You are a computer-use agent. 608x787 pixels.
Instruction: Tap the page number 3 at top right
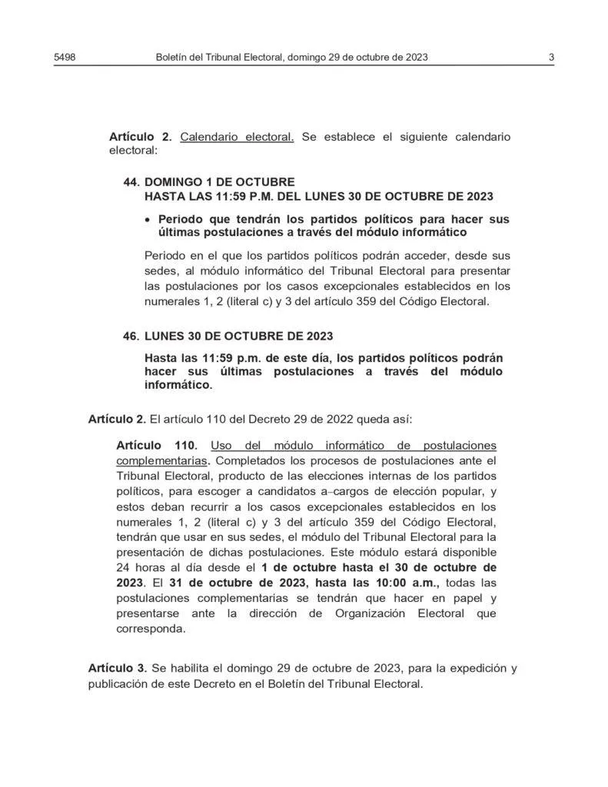coord(552,57)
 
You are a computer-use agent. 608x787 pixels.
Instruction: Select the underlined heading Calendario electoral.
coord(237,137)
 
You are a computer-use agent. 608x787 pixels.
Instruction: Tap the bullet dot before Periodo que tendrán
coord(148,220)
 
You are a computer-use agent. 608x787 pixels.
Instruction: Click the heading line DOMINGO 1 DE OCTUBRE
coord(219,182)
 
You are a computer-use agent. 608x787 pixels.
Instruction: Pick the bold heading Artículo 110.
coord(157,446)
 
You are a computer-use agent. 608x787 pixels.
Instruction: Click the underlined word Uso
coord(221,446)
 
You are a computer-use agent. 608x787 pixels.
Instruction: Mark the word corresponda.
coord(151,628)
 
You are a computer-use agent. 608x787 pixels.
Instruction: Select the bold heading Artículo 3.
coord(117,668)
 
